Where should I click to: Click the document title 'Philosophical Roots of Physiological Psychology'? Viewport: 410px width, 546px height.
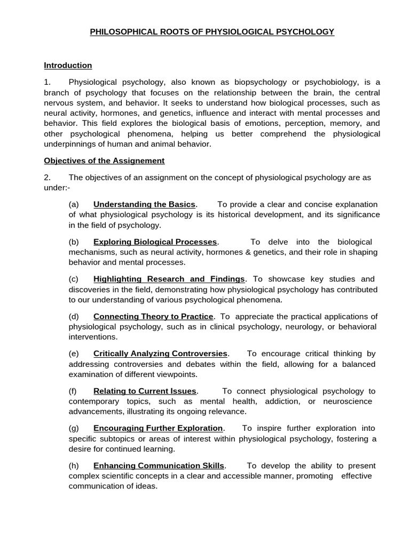[212, 32]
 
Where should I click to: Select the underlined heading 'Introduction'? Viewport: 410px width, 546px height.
[68, 65]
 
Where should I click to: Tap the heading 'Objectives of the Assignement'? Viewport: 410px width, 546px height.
[104, 160]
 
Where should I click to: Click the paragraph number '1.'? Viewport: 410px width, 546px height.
[47, 82]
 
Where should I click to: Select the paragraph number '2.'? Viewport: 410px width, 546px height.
[47, 177]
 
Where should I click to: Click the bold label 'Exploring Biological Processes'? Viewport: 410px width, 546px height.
[155, 242]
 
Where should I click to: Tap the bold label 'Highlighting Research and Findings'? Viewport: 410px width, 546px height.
[169, 279]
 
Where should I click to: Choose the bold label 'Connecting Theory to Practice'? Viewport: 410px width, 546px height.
[153, 316]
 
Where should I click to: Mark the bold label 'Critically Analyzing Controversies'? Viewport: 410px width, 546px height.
[161, 354]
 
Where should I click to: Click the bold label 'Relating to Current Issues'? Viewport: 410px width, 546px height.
[145, 391]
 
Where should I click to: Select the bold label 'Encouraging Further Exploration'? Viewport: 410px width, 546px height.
[158, 428]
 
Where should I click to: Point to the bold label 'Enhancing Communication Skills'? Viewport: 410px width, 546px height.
[159, 465]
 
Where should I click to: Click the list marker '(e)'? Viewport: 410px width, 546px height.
[74, 354]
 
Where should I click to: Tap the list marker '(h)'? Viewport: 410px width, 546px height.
[74, 465]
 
